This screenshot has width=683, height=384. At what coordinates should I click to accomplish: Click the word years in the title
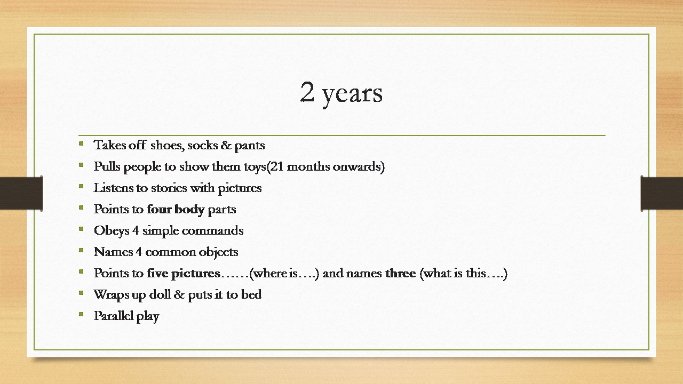coord(353,95)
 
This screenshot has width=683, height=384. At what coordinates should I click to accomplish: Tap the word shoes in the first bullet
coord(168,145)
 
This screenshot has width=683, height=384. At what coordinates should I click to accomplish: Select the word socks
coord(202,146)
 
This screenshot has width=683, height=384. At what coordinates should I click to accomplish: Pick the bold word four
coord(159,209)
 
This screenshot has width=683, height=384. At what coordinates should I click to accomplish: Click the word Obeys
coord(112,231)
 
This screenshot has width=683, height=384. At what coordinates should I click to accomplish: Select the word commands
coord(212,231)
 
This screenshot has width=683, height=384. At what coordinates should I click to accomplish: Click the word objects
coord(218,252)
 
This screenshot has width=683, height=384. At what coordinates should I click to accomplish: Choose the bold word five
coord(157,273)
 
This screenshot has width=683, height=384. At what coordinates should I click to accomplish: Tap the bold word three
coord(400,273)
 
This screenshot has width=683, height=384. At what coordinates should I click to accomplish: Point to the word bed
coord(251,294)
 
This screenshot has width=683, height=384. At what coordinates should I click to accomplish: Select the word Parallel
coord(114,316)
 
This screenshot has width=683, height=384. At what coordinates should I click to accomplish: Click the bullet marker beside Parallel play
coord(81,314)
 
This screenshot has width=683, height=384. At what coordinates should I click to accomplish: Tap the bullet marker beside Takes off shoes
coord(81,143)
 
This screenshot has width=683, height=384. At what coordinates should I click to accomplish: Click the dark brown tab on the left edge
coord(21,193)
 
